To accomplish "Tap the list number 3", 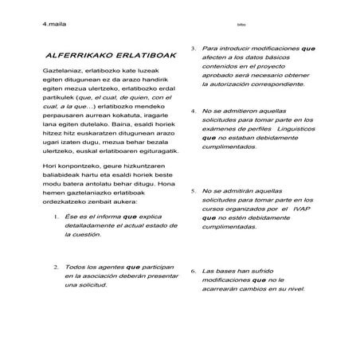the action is (194, 49).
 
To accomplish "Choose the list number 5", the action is (194, 192).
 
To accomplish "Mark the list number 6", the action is (194, 271).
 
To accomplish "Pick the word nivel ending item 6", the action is (295, 290).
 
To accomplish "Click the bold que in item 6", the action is (258, 280).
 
